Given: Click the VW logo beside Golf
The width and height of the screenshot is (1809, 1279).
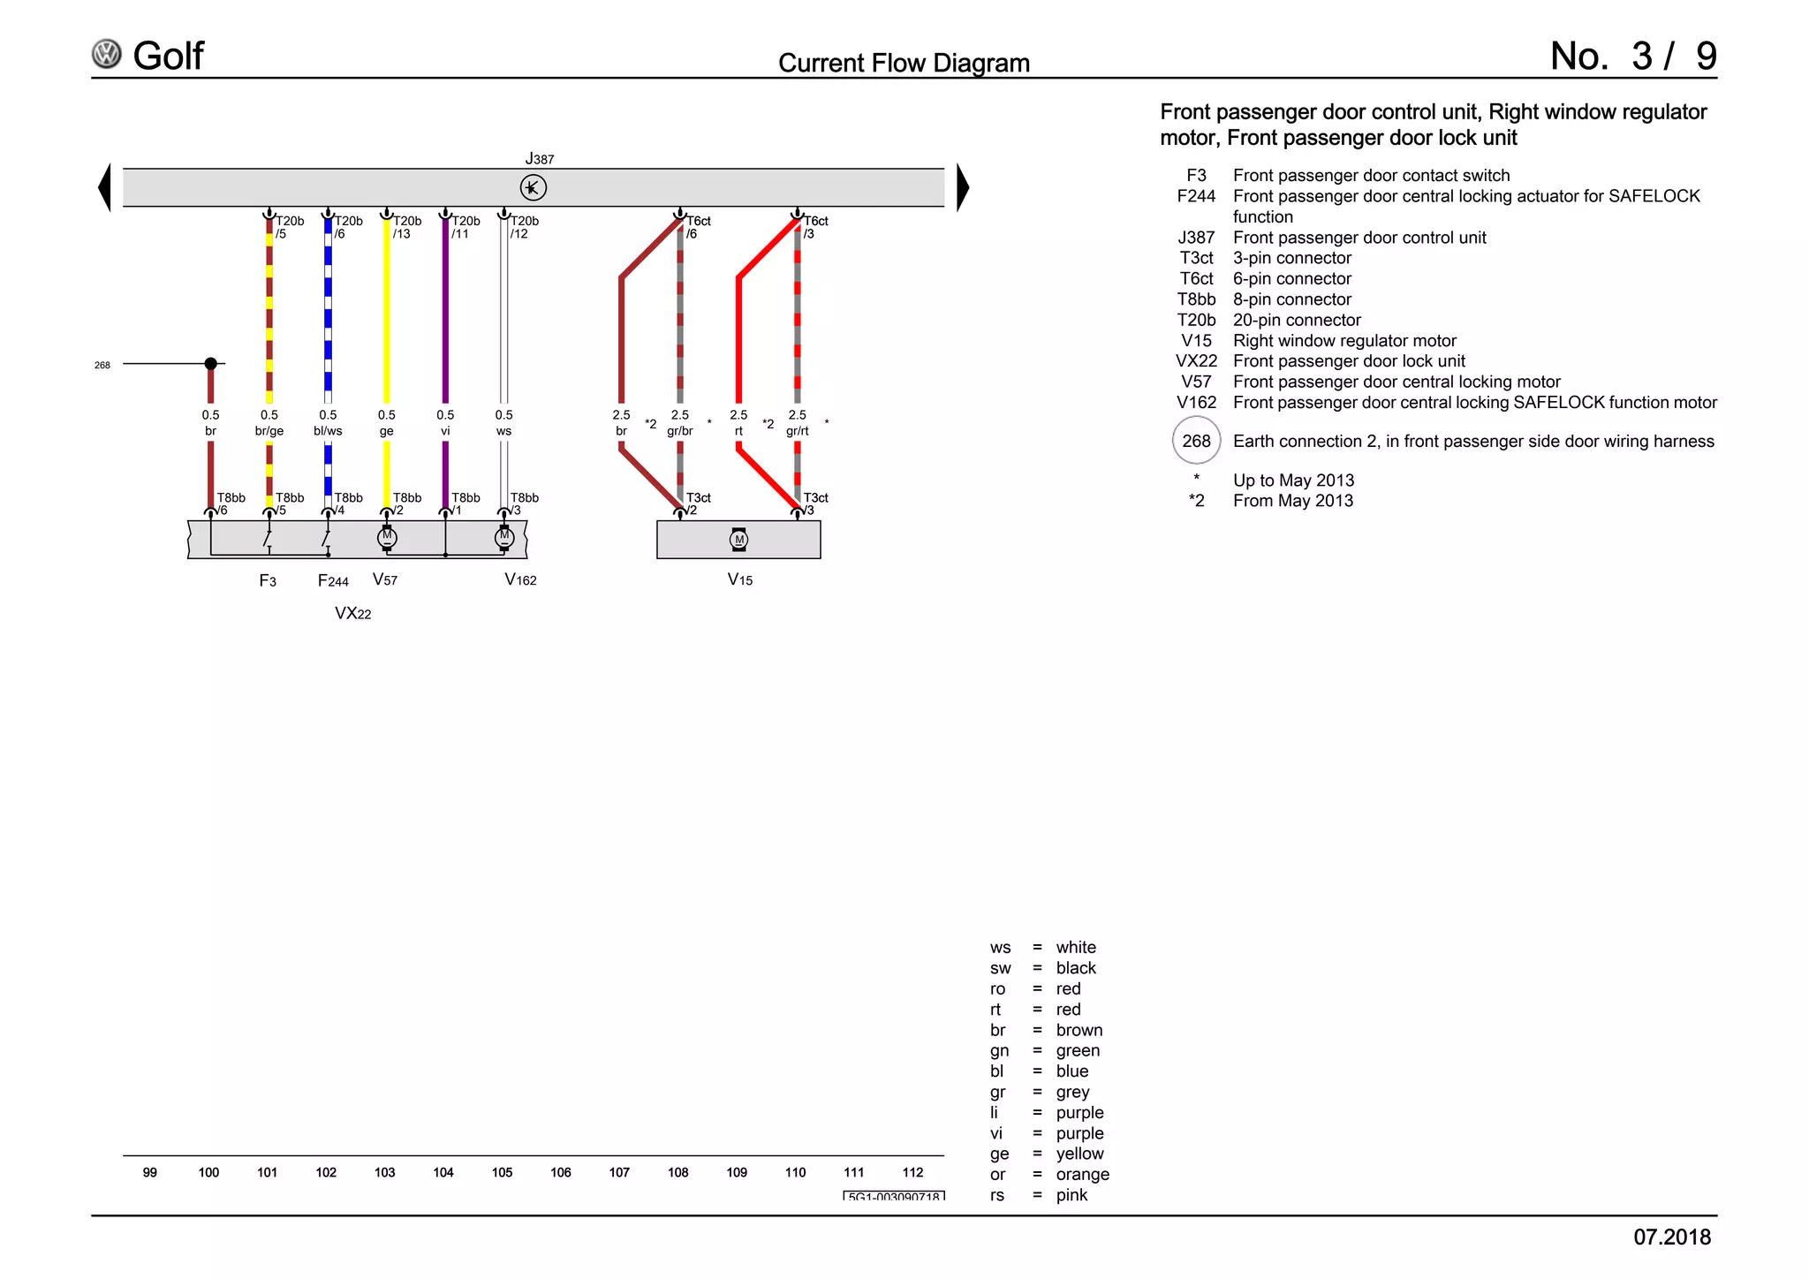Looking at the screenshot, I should tap(107, 55).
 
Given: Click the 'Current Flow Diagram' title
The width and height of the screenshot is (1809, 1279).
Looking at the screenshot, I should tap(904, 64).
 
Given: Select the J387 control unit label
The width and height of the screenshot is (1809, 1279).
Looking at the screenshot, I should tap(539, 159).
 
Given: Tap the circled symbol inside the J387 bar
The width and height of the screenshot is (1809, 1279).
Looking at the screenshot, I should tap(533, 187).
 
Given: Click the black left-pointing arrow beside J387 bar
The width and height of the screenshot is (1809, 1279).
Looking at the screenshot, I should tap(105, 187).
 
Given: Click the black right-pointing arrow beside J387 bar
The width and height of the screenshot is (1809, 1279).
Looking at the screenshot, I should tap(963, 187).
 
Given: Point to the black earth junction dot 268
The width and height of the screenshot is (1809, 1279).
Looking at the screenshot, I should tap(210, 364).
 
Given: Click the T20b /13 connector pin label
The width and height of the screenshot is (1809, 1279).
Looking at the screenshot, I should tap(406, 227).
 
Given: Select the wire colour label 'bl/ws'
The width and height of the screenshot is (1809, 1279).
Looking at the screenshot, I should tap(328, 431).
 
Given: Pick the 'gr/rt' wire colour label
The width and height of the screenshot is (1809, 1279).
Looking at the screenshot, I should tap(797, 431).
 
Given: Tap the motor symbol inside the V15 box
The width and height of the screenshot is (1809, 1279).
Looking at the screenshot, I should tap(739, 540).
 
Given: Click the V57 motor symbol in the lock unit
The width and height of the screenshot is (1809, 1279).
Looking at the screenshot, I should tap(387, 537).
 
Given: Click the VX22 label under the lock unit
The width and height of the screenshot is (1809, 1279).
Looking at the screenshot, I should tap(352, 614).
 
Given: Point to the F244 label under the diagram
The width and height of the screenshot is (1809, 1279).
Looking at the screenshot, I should tap(333, 580).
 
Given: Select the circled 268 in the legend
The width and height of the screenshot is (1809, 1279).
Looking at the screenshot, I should tap(1196, 441).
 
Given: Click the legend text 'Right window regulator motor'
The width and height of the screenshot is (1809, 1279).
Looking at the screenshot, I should tap(1344, 341).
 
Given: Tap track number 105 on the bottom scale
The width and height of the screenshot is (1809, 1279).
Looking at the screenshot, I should tap(502, 1172).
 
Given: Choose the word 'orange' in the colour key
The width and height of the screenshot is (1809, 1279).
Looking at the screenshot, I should tap(1082, 1174).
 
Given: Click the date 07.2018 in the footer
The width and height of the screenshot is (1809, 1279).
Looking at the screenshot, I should tap(1671, 1237).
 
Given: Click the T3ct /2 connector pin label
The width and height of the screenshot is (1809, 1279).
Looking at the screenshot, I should tap(698, 503).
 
